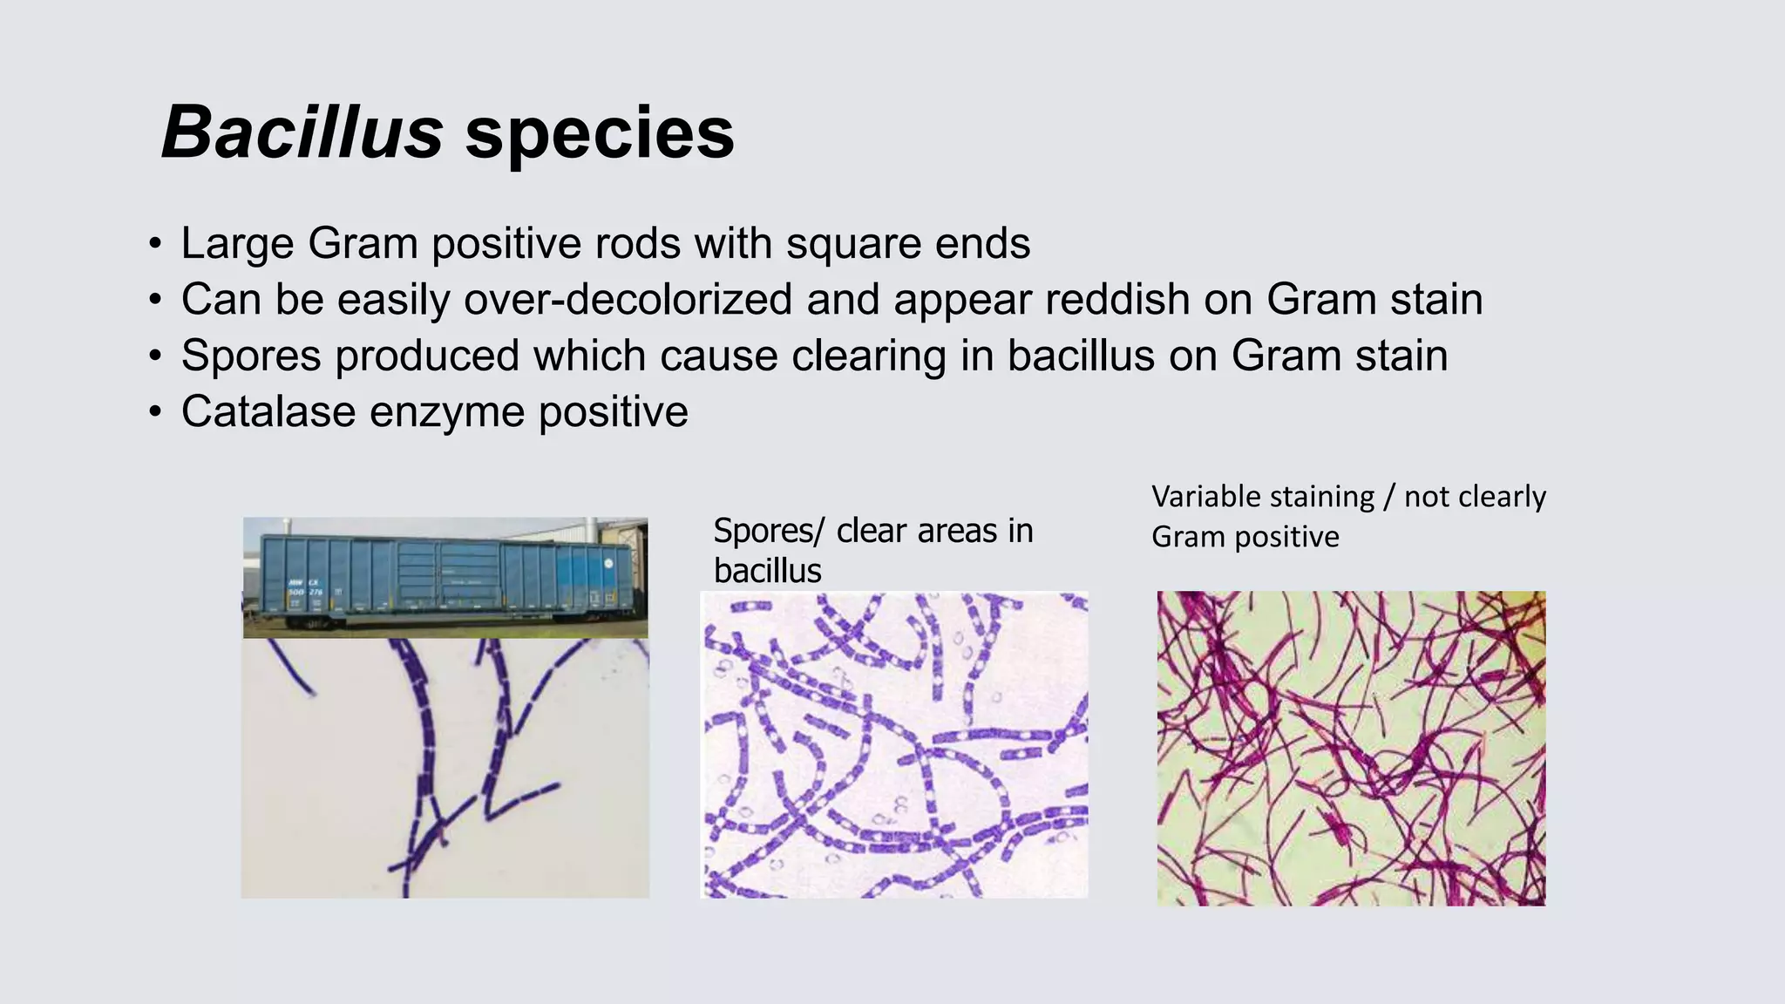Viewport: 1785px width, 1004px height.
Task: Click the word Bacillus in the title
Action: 302,132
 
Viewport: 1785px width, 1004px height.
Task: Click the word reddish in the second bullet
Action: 1117,300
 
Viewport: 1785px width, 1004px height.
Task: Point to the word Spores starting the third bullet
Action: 251,356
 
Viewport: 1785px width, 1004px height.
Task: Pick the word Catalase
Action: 268,411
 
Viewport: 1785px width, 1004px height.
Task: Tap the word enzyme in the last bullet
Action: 446,413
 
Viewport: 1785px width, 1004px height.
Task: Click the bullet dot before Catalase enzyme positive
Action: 154,411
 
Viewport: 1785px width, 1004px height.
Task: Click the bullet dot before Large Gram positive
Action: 154,244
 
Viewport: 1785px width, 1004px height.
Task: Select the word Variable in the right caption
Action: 1206,497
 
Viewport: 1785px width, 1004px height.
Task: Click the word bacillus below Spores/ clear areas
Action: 767,571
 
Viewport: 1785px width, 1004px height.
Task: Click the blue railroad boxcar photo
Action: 445,577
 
